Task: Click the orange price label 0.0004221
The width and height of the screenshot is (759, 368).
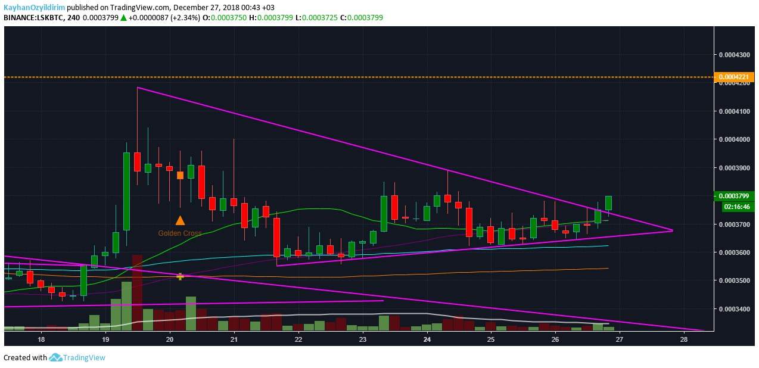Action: coord(736,77)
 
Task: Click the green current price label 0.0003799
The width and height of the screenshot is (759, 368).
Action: coord(735,196)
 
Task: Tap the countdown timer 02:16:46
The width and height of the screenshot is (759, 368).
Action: coord(735,207)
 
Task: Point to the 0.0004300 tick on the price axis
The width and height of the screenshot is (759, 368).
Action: coord(735,55)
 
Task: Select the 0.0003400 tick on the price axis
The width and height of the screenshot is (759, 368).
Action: coord(735,308)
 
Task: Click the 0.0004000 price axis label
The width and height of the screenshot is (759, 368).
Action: coord(735,139)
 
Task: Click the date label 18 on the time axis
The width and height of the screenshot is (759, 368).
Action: coord(41,340)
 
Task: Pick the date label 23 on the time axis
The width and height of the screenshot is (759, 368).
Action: coord(362,340)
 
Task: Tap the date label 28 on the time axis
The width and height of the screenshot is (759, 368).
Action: coord(683,340)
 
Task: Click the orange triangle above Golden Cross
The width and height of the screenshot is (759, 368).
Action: coord(180,220)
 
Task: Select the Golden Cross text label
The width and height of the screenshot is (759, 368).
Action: coord(180,233)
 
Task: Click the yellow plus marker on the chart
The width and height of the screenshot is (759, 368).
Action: coord(180,276)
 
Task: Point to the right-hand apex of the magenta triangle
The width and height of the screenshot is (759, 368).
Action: coord(671,230)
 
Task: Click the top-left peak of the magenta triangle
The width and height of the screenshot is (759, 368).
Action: coord(138,88)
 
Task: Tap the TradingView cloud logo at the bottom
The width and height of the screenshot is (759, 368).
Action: coord(56,357)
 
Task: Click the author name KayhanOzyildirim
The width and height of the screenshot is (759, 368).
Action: coord(35,7)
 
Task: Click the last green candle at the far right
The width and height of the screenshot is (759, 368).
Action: coord(608,202)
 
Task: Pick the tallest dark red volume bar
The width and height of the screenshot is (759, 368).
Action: coord(138,292)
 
